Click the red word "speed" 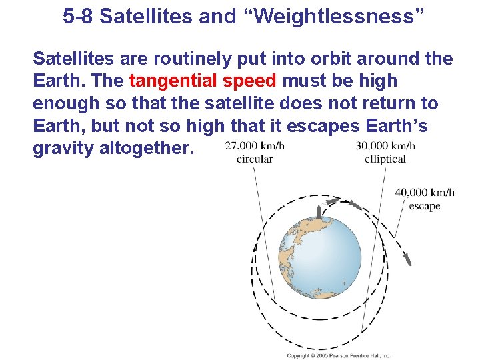[250, 81]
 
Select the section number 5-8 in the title [79, 16]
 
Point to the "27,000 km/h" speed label [255, 146]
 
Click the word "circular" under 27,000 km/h [255, 159]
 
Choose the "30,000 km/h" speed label [385, 146]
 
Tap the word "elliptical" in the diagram [385, 159]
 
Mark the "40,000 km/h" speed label [425, 193]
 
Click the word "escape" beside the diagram [425, 206]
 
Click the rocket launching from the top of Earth [319, 213]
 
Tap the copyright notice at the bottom [338, 355]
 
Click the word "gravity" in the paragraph [63, 149]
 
